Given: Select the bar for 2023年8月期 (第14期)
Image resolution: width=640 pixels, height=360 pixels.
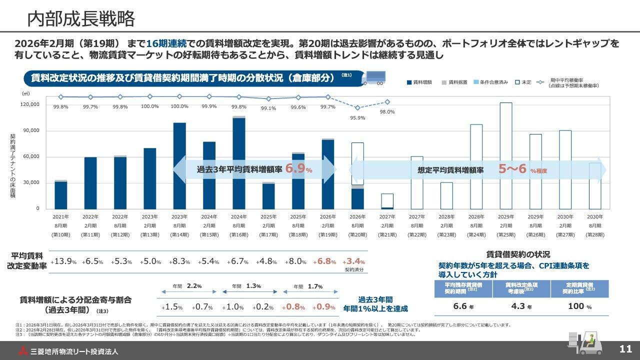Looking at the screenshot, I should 179,165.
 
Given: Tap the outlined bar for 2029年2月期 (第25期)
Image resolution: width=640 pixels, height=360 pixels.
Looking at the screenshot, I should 505,155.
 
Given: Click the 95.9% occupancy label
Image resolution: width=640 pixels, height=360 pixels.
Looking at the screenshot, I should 357,118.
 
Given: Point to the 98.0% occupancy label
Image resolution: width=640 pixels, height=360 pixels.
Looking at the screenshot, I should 387,112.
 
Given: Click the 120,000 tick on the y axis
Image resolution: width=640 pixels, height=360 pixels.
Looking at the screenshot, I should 30,104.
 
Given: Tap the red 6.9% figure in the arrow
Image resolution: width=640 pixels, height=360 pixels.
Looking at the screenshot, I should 298,169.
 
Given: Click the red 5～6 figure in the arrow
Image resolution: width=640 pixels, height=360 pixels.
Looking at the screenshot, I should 512,169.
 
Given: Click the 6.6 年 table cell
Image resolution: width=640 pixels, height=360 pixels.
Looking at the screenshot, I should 463,306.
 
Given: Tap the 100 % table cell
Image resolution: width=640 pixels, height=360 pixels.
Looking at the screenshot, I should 579,306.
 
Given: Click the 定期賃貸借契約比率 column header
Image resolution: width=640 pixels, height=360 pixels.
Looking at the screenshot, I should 579,287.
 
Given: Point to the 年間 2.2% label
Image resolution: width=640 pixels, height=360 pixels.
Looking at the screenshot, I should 187,286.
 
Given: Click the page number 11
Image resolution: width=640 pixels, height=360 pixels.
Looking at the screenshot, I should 625,349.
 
